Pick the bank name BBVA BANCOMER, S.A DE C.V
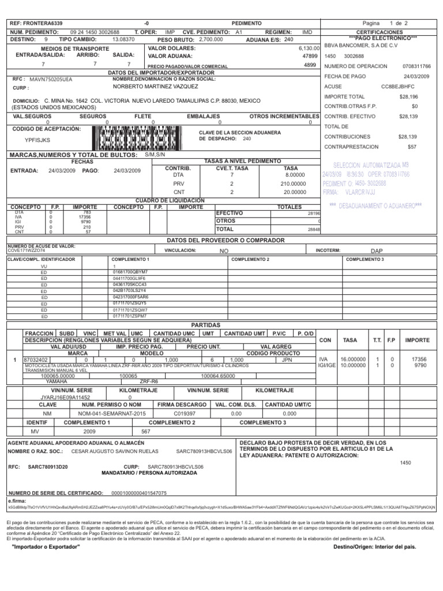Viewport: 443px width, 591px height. [360, 45]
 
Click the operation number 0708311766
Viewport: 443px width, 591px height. [416, 66]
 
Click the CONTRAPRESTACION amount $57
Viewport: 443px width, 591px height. [427, 147]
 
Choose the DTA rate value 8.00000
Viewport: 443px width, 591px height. [294, 174]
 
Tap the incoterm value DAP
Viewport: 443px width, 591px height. [377, 251]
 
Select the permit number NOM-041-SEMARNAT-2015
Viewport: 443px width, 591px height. [119, 414]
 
